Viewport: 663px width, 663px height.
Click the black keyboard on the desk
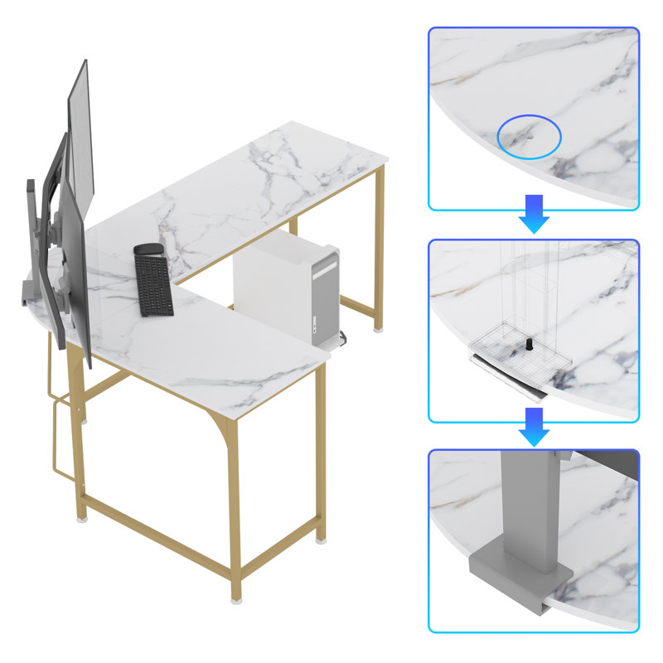click(152, 284)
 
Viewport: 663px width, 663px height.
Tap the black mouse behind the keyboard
click(148, 249)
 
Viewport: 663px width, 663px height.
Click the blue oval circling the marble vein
click(529, 137)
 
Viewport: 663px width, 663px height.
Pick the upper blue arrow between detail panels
click(535, 214)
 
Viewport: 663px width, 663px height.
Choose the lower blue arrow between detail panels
click(535, 425)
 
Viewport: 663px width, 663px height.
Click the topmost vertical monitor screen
click(80, 124)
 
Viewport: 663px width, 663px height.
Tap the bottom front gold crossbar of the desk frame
click(157, 539)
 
